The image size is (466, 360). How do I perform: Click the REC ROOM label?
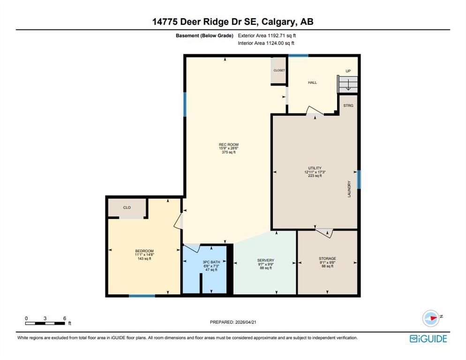click(228, 144)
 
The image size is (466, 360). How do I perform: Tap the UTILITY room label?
click(315, 168)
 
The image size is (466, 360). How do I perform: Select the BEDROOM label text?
click(144, 251)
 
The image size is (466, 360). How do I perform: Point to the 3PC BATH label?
click(211, 262)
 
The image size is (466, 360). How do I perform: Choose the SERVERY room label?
click(266, 261)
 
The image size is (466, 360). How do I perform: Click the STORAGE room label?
click(328, 259)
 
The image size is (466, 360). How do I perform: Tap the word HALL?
click(312, 82)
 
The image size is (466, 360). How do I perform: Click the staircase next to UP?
click(347, 84)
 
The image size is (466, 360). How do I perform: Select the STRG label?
click(348, 105)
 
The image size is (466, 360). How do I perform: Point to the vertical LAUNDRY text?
click(349, 189)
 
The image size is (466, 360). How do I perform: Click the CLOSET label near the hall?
click(279, 70)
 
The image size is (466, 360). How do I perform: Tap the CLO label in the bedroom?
click(127, 208)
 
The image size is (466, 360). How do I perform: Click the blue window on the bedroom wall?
click(142, 296)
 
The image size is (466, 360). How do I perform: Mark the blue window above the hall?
click(298, 55)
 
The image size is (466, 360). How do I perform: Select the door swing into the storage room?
click(324, 233)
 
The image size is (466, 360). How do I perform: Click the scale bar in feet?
click(45, 323)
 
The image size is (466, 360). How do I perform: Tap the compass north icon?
click(431, 318)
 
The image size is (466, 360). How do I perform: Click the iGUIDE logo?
click(428, 339)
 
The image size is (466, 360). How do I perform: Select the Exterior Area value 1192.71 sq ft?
click(282, 35)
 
